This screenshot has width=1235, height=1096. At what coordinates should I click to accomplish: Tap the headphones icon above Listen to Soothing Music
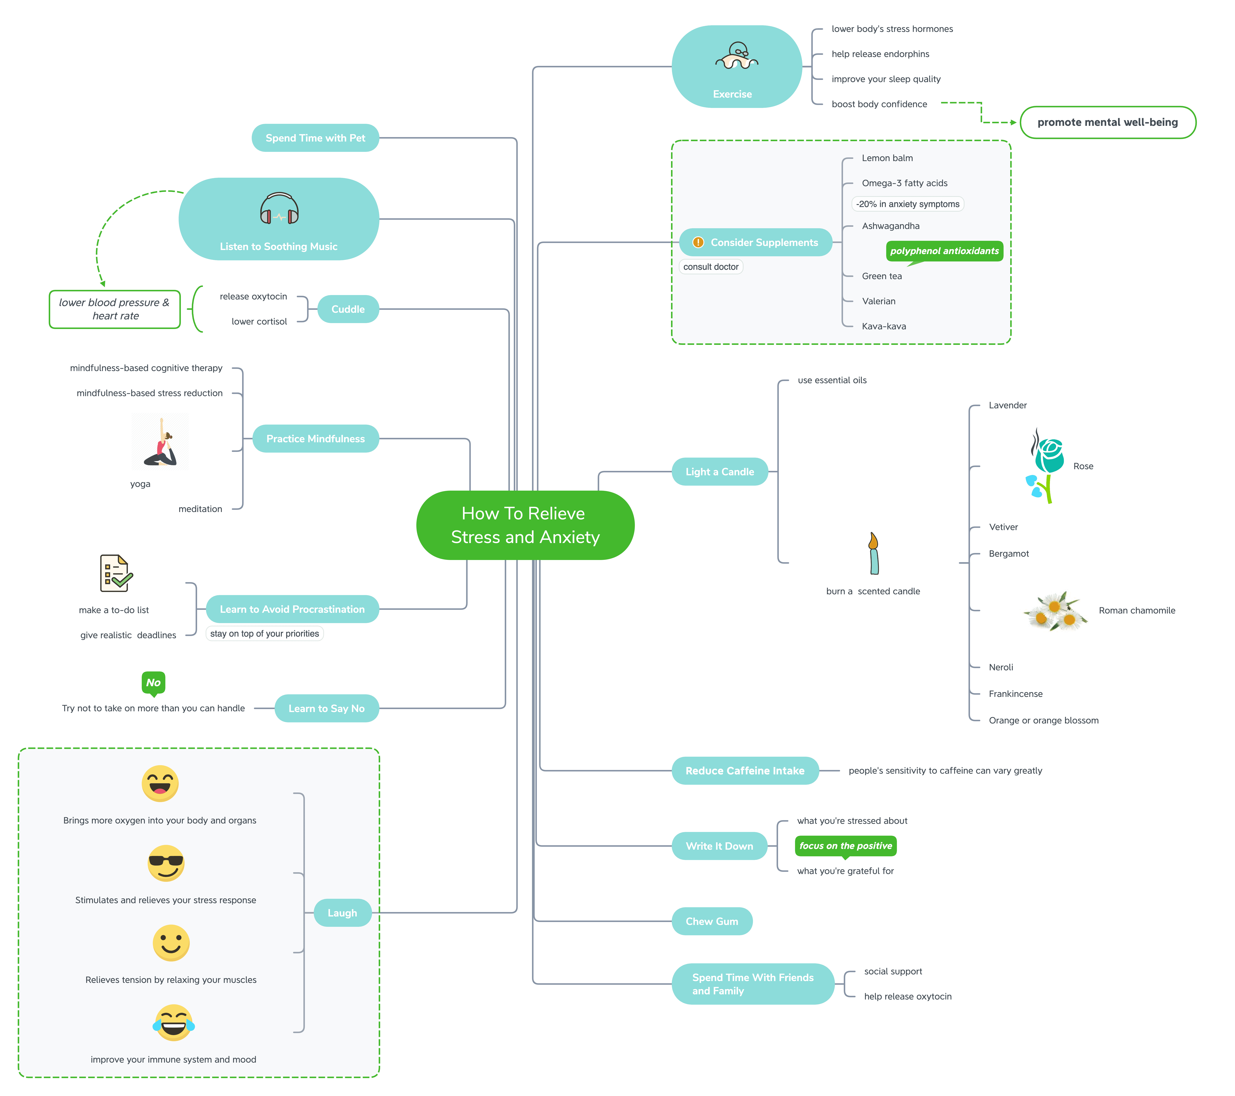[279, 208]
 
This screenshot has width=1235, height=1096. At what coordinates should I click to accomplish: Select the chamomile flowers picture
[1055, 610]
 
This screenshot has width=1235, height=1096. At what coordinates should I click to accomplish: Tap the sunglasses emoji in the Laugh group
[166, 863]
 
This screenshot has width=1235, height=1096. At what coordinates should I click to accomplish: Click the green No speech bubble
[154, 683]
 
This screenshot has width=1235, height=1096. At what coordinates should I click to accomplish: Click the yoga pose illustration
[160, 442]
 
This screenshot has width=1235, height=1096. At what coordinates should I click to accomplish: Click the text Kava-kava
[883, 326]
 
